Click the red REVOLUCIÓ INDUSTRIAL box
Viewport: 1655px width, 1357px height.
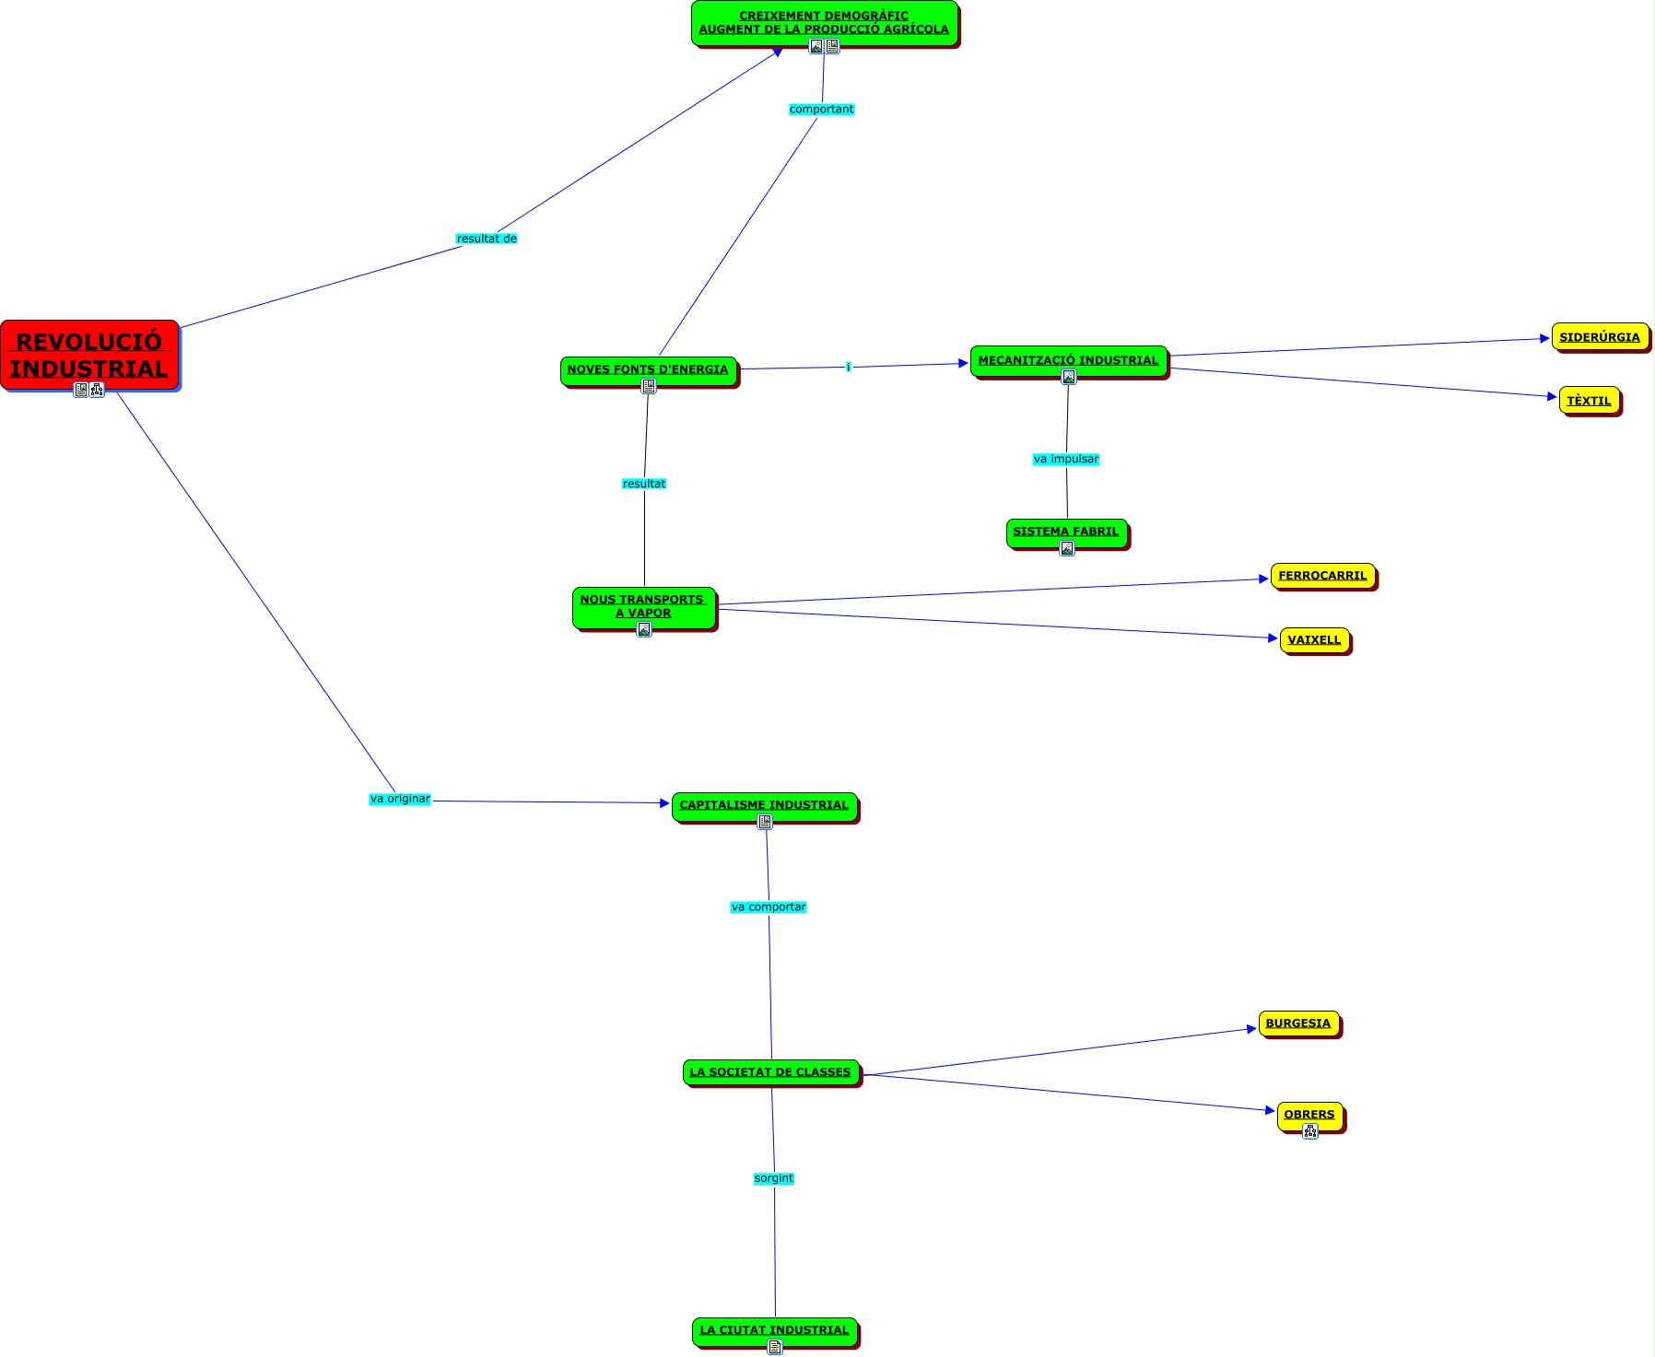tap(89, 355)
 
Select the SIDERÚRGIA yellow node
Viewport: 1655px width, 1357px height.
tap(1599, 337)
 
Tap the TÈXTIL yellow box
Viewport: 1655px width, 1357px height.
tap(1589, 401)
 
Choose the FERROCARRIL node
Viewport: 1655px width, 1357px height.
tap(1322, 576)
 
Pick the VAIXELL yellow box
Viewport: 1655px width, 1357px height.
tap(1314, 640)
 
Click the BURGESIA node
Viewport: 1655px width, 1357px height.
tap(1297, 1024)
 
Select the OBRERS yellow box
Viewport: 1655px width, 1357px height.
tap(1309, 1115)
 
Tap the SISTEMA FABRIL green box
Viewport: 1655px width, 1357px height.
tap(1065, 532)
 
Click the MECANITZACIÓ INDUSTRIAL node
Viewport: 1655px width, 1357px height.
tap(1068, 360)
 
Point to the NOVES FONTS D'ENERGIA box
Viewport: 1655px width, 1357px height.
tap(648, 369)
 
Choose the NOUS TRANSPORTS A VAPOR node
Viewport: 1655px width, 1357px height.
tap(643, 606)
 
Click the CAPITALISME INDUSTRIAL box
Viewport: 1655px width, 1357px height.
tap(764, 805)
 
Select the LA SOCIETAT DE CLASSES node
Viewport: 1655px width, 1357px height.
tap(770, 1072)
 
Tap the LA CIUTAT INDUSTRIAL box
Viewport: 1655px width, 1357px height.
tap(774, 1330)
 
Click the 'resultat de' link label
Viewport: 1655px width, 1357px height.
tap(487, 239)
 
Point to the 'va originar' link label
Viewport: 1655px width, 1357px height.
tap(400, 799)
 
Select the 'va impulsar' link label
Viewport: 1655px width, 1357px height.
tap(1066, 459)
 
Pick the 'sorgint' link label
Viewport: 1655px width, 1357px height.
tap(773, 1178)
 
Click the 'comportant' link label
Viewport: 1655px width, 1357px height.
tap(821, 110)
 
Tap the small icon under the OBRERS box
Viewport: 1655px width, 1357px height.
tap(1309, 1131)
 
